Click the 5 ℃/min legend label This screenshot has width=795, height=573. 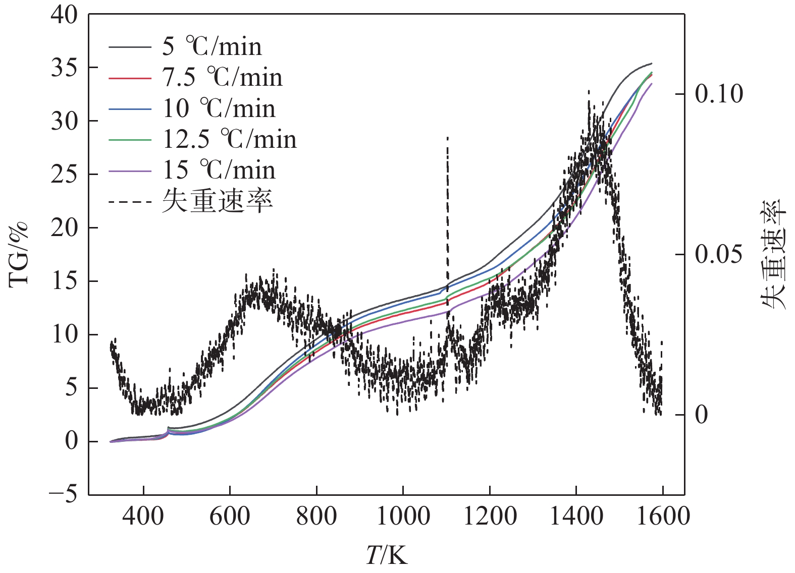pos(212,46)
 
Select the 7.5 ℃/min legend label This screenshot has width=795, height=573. pos(222,77)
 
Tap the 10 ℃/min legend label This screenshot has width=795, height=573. pos(219,108)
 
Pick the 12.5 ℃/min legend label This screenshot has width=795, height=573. pos(230,139)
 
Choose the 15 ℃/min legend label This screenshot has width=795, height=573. pos(219,170)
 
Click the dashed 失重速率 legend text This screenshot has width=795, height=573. pos(218,201)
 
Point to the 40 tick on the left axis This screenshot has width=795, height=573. pos(65,15)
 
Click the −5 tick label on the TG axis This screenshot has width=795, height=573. pos(64,494)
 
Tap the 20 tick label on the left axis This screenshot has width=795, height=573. pos(65,227)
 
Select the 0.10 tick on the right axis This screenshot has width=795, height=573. pos(719,94)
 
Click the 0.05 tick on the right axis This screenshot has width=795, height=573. pos(719,254)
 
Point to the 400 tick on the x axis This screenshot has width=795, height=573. pos(143,516)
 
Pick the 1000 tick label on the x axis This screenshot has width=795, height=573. pos(403,516)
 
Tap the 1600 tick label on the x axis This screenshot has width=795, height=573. pos(663,516)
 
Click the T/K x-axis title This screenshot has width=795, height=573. pos(386,555)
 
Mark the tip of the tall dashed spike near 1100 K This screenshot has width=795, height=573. pos(447,137)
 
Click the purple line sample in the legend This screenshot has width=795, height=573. pos(130,171)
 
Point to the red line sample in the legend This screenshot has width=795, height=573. pos(130,79)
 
